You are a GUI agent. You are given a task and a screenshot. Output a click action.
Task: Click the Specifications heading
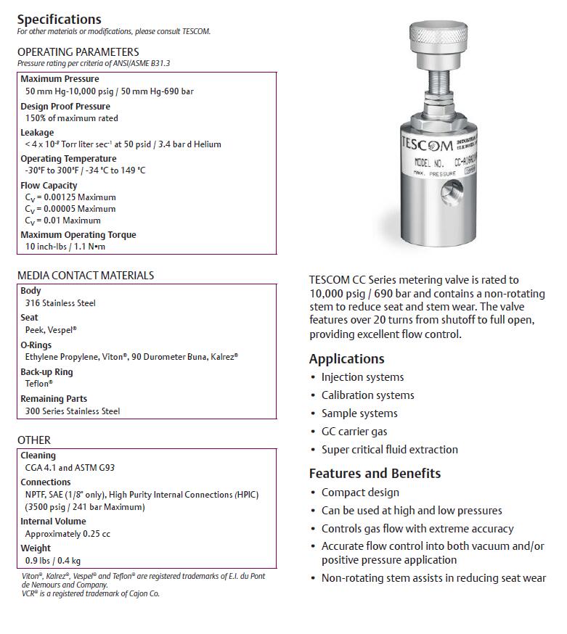pos(60,20)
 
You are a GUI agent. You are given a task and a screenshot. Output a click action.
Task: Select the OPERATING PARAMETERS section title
pos(78,52)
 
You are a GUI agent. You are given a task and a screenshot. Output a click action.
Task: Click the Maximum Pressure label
pos(60,79)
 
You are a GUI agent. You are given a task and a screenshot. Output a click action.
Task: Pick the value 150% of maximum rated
pos(72,118)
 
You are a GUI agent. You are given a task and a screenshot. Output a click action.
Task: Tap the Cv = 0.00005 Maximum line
pos(70,209)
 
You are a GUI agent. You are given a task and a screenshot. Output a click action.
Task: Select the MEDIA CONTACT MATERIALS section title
pos(86,276)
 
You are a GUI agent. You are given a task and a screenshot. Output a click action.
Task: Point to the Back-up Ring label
pos(46,372)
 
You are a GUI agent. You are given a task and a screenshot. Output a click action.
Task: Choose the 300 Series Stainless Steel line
pos(73,411)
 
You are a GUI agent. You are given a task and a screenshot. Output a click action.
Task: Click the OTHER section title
pos(34,440)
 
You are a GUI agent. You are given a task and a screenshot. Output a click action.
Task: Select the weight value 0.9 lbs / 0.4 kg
pos(53,561)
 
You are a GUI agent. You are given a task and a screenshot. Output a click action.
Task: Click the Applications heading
pos(346,359)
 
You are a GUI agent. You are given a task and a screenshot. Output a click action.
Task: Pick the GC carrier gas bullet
pos(354,432)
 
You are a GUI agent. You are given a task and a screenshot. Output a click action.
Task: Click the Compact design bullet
pos(360,493)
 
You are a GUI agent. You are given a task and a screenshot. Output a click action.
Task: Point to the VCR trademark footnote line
pos(91,593)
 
